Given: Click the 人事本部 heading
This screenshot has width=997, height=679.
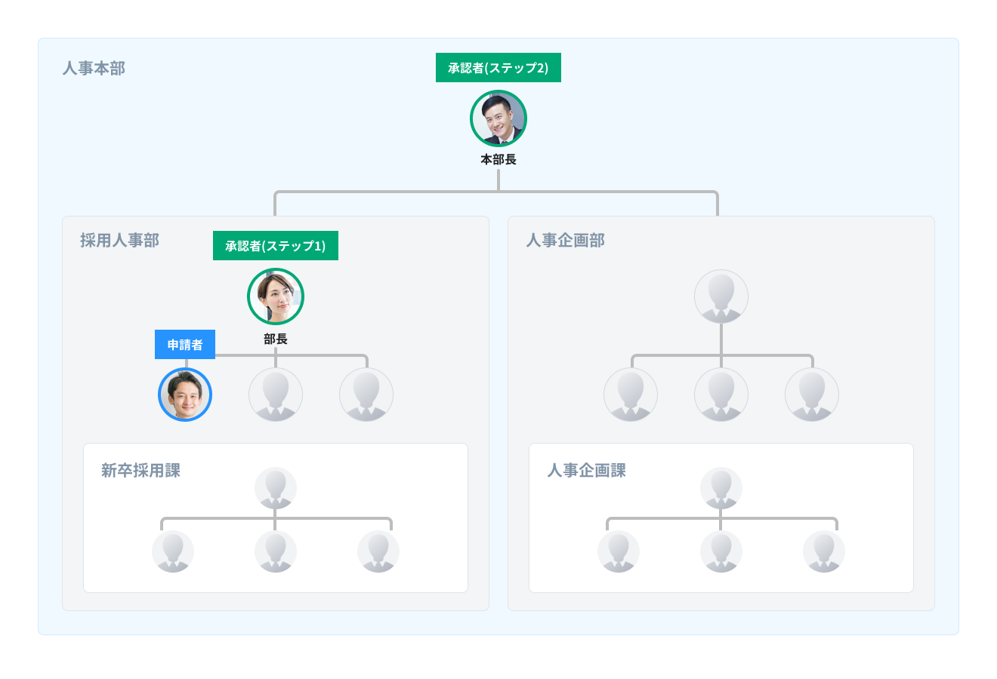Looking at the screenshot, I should click(x=94, y=69).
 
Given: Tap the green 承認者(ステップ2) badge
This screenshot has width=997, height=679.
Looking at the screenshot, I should click(x=498, y=68).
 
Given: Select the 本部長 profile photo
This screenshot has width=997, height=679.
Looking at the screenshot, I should click(x=498, y=118).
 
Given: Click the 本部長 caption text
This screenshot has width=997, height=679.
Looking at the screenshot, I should click(x=498, y=160).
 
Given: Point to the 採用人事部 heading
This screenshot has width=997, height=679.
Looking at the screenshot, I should click(x=119, y=241).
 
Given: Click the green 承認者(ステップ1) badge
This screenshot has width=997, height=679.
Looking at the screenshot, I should click(x=276, y=246).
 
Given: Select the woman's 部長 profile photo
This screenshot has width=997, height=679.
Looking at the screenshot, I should click(x=276, y=296).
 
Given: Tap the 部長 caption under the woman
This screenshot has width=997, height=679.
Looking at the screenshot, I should click(x=276, y=339).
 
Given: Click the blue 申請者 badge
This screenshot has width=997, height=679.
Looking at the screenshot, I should click(x=185, y=345).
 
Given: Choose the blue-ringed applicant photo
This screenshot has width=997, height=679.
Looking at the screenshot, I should click(x=185, y=395).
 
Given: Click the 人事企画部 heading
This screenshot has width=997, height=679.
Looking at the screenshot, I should click(x=565, y=241).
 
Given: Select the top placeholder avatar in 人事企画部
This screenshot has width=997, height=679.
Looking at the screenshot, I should click(x=721, y=296).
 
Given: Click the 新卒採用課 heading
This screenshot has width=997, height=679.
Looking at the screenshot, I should click(x=140, y=471).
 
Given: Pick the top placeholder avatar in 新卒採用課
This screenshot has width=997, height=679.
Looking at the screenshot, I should click(x=276, y=488).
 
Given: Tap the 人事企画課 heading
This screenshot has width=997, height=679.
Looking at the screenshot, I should click(x=586, y=471).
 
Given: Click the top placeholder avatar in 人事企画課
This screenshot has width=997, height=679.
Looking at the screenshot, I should click(x=721, y=488).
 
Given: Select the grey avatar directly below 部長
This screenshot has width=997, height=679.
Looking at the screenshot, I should click(x=276, y=395).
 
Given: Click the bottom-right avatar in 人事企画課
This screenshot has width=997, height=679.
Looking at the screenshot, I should click(x=824, y=551).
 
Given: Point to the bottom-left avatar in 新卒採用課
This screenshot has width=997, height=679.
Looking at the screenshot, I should click(x=173, y=551).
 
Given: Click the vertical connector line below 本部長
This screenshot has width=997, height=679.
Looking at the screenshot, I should click(x=498, y=180).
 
